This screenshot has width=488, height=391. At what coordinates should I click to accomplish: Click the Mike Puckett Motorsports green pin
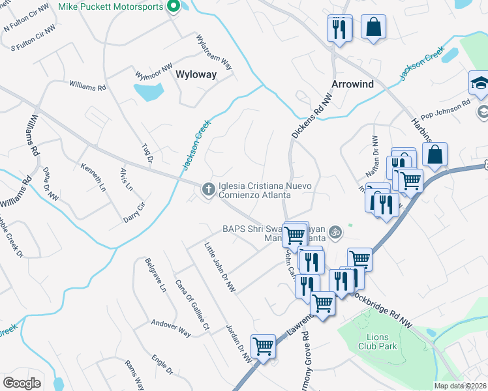173,7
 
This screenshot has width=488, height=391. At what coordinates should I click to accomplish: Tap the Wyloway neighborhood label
196,74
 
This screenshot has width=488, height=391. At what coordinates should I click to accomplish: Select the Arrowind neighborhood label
353,84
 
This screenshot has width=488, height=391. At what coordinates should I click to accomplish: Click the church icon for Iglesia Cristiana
208,190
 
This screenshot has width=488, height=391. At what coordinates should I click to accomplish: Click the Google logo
22,383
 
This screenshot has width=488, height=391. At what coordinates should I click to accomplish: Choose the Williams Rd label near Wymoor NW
87,86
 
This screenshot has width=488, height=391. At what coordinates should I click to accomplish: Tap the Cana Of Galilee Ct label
192,304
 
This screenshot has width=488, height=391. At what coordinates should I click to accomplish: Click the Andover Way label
171,328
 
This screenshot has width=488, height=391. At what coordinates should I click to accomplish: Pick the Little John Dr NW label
219,267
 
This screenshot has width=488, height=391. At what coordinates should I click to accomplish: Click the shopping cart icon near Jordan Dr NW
264,345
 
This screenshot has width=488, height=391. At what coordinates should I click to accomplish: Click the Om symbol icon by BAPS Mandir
336,231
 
